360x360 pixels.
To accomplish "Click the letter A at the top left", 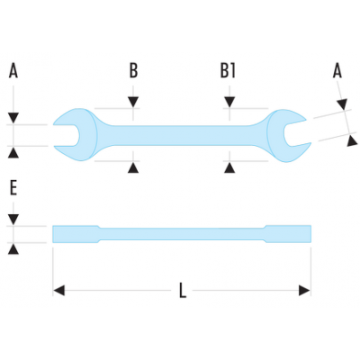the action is click(x=13, y=70).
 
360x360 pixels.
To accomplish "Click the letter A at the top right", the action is click(x=337, y=71).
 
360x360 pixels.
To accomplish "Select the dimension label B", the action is click(x=133, y=71).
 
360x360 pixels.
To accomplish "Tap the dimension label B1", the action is click(x=228, y=71).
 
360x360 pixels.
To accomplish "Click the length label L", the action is click(x=183, y=291).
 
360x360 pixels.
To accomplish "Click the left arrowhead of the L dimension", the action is click(x=59, y=291).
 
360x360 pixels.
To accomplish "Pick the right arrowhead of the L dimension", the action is click(x=304, y=291).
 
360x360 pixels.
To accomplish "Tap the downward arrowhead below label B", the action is click(x=133, y=102).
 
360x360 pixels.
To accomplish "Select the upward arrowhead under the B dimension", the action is click(x=133, y=167).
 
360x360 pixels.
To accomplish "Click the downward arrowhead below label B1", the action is click(x=229, y=102).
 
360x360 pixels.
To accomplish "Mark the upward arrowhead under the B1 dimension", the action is click(x=229, y=167).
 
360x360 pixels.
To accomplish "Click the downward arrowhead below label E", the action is click(x=13, y=220).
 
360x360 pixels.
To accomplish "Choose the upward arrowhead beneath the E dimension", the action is click(x=13, y=249).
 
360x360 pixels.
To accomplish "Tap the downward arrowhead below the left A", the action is click(x=13, y=118).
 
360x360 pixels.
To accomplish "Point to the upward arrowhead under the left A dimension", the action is click(x=13, y=153).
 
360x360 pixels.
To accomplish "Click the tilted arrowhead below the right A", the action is click(x=342, y=104).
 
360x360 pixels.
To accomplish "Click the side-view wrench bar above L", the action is click(x=182, y=234).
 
